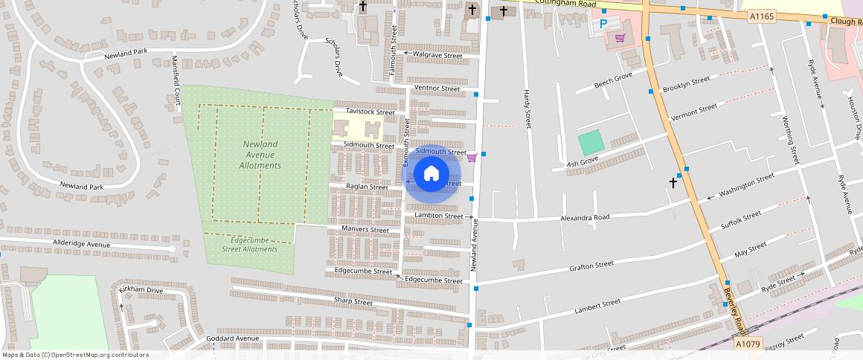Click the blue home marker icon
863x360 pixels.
[431, 174]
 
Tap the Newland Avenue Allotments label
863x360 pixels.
[260, 155]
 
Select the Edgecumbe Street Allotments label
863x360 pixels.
[249, 245]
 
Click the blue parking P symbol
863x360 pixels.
[604, 24]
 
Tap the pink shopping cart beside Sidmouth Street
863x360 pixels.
[472, 157]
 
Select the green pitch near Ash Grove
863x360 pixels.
[591, 143]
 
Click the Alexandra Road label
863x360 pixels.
[584, 218]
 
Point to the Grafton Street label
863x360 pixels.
[591, 265]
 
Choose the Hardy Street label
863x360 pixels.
[527, 109]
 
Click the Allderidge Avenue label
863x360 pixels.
[81, 244]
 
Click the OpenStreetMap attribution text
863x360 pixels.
[75, 355]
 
